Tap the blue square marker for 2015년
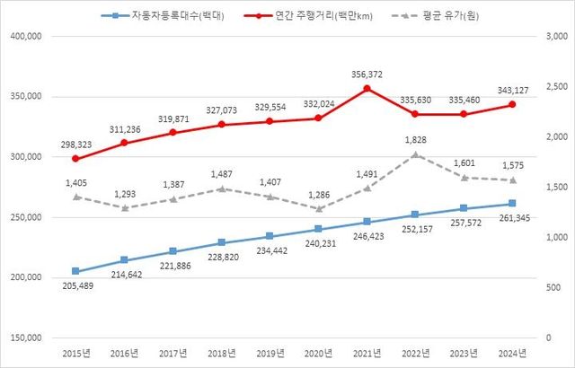point(75,271)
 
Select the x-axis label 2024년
point(512,355)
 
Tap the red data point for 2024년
point(512,104)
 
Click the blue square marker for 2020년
point(318,229)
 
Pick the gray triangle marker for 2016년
point(124,207)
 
